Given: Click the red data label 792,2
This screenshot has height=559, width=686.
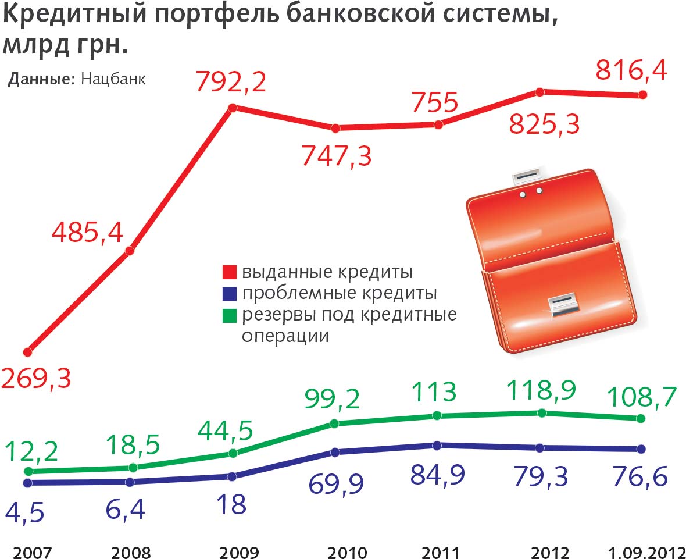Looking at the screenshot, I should tap(231, 82).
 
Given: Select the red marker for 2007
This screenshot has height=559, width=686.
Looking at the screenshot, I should tap(27, 352).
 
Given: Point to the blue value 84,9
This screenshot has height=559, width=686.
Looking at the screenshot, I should tap(437, 475).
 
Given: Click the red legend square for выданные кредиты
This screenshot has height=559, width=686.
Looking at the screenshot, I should tap(230, 272).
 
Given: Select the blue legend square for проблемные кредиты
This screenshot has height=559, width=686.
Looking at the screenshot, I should tap(230, 293).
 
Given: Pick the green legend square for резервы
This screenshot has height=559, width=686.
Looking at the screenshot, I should tap(230, 315).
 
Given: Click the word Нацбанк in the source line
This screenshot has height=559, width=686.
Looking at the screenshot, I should tap(113, 79).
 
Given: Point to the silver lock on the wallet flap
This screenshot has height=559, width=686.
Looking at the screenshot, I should tap(563, 304).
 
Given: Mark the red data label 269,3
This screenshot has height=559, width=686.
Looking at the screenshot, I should tap(36, 379).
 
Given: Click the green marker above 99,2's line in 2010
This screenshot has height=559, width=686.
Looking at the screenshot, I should tap(334, 423).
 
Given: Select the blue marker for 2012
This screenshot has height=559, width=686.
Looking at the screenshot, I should tap(540, 447).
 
